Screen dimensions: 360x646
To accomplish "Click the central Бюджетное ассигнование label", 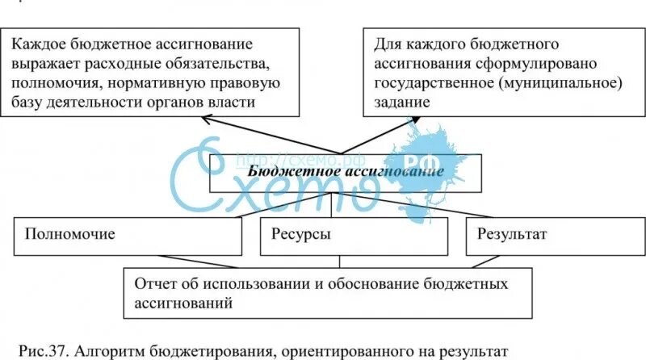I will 346,171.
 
